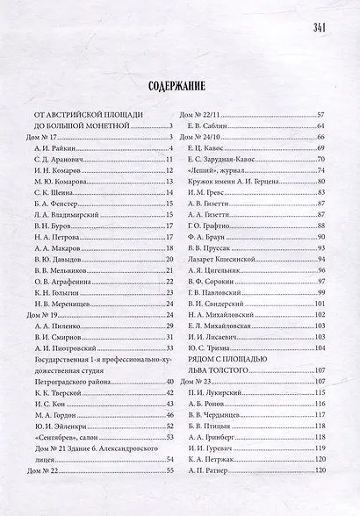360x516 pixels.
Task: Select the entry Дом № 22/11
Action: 200,115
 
